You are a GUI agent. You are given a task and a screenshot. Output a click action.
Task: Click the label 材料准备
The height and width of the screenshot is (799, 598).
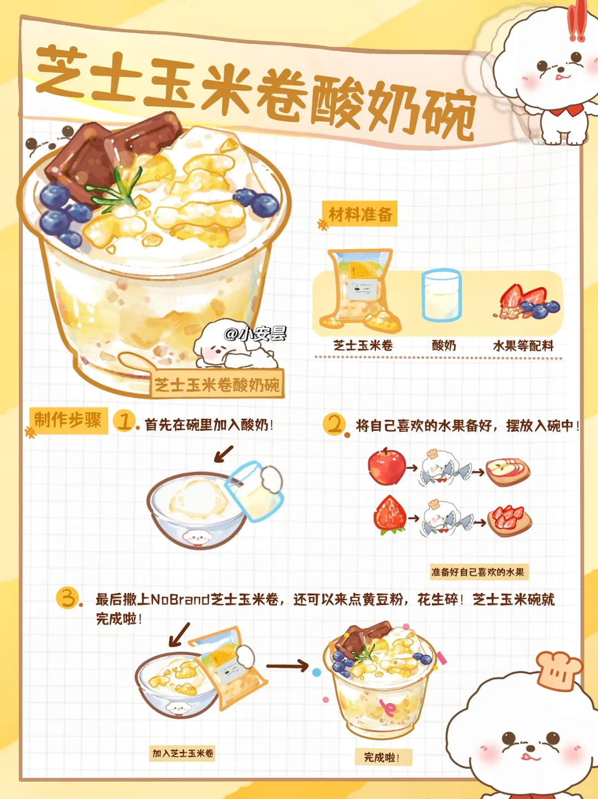tap(360, 214)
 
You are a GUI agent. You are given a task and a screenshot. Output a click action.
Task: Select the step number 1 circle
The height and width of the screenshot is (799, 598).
tap(124, 421)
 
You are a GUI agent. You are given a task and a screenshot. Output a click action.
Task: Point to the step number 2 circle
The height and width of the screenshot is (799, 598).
tap(334, 424)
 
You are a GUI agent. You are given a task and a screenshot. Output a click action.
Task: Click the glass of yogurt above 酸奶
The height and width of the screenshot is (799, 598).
tap(441, 295)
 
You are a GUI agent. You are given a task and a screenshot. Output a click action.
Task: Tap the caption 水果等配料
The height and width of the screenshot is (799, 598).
tap(523, 346)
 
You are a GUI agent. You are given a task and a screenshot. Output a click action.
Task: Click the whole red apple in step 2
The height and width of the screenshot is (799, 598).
tap(386, 466)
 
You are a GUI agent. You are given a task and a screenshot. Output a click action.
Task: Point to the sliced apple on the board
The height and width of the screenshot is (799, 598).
tap(508, 472)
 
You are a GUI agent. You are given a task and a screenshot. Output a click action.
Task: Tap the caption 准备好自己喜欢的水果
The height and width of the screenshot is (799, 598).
tap(478, 572)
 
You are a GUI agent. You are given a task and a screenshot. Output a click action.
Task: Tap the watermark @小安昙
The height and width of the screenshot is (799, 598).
tap(255, 334)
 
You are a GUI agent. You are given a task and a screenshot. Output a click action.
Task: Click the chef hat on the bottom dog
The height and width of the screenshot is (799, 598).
tap(560, 671)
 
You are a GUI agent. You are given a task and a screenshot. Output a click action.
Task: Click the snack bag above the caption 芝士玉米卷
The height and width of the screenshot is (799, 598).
tap(360, 290)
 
